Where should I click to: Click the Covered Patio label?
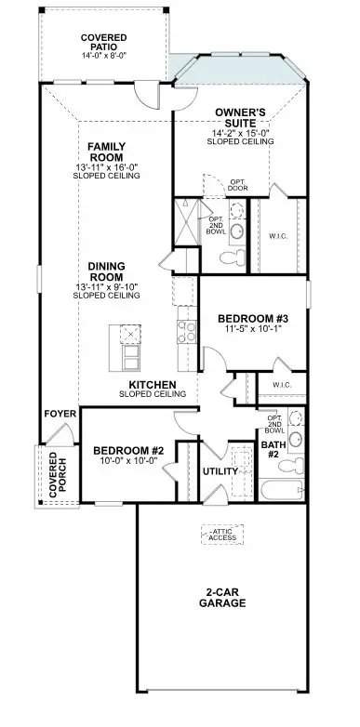tap(103, 42)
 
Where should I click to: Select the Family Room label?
tap(107, 152)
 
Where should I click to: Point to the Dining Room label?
tap(107, 271)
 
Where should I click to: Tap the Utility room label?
tap(220, 471)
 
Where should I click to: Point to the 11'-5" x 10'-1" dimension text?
tap(244, 328)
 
